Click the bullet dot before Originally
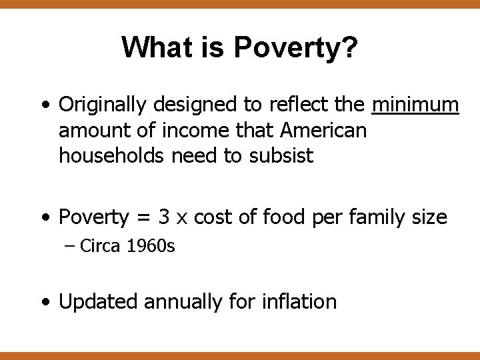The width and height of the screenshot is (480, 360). click(x=44, y=106)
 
